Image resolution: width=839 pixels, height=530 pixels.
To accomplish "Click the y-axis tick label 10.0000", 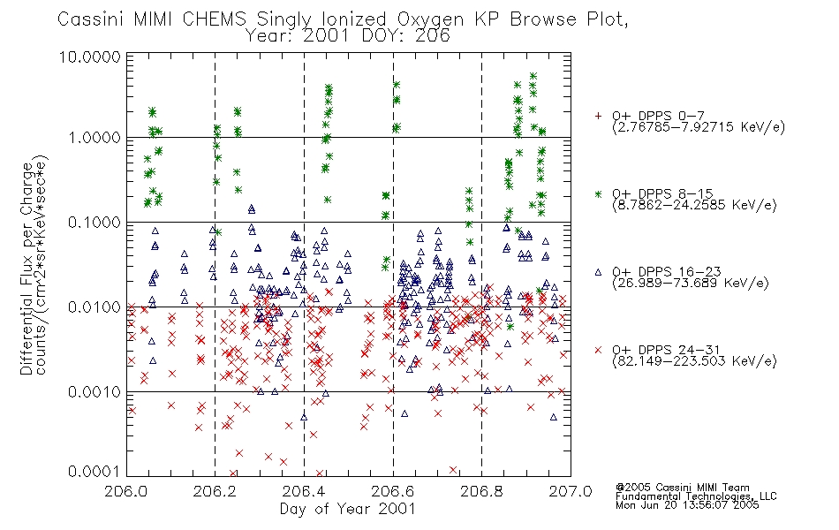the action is point(89,57).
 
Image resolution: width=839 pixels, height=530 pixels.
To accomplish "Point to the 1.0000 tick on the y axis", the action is point(94,138).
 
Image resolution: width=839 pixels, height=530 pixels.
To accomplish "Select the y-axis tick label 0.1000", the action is point(94,223).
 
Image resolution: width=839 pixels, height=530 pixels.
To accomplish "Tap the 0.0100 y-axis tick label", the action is point(94,307).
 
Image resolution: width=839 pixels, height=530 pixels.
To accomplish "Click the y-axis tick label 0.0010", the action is point(94,392).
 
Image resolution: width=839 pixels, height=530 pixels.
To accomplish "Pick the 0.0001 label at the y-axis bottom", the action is point(94,471).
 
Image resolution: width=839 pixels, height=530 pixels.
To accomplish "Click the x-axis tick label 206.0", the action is point(126,491).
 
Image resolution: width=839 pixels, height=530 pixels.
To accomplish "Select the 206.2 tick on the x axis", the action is point(215,491).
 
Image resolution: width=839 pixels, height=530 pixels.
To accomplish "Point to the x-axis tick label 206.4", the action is point(304,491).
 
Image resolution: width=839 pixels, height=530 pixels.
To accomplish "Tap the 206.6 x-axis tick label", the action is point(393,491).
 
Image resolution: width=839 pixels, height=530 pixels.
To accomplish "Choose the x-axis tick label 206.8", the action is point(481,491).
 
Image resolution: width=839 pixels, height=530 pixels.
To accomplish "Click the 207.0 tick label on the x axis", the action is point(571,491).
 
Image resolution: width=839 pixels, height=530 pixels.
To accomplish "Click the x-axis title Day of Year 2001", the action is point(348,509).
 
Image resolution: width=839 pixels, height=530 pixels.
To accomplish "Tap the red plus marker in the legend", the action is point(598,116).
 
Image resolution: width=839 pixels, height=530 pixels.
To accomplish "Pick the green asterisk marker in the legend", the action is point(598,193).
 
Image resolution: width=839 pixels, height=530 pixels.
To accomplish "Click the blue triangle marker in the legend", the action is point(598,272).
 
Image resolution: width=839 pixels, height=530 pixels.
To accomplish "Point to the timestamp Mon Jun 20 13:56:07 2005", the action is point(687,505).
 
